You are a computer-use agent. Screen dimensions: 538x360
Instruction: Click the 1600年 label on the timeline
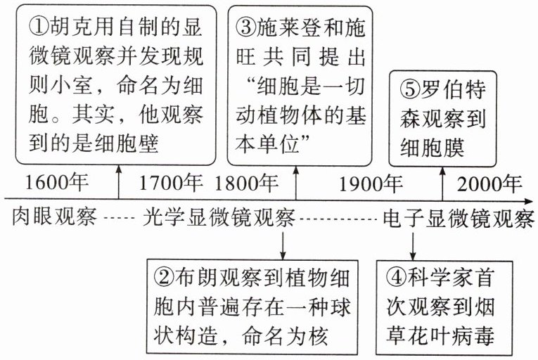pyautogui.click(x=57, y=182)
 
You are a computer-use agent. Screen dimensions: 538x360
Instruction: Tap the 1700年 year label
pyautogui.click(x=170, y=182)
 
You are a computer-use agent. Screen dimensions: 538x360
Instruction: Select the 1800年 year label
pyautogui.click(x=246, y=183)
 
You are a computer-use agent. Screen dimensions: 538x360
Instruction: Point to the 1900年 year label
pyautogui.click(x=371, y=184)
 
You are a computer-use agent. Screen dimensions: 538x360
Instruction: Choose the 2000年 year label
pyautogui.click(x=489, y=184)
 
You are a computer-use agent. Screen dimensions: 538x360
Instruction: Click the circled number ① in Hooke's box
pyautogui.click(x=39, y=27)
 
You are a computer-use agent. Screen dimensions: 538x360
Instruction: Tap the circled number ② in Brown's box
pyautogui.click(x=164, y=278)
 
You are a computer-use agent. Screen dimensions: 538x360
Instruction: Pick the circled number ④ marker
pyautogui.click(x=397, y=278)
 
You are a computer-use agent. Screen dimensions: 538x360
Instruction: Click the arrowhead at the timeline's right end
pyautogui.click(x=529, y=201)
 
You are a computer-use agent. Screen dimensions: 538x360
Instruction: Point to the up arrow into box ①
pyautogui.click(x=119, y=182)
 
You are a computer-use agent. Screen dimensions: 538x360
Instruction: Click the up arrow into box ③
pyautogui.click(x=296, y=184)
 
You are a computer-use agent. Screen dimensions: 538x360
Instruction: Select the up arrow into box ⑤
pyautogui.click(x=442, y=184)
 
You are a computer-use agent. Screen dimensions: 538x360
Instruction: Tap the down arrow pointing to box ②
pyautogui.click(x=283, y=245)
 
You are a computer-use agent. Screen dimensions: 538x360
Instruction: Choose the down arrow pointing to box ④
pyautogui.click(x=413, y=246)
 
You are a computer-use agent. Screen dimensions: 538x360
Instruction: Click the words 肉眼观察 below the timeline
pyautogui.click(x=54, y=217)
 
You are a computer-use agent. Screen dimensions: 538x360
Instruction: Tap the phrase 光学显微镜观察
pyautogui.click(x=219, y=217)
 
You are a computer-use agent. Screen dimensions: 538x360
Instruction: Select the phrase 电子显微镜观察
pyautogui.click(x=459, y=218)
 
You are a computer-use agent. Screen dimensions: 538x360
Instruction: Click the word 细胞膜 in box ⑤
pyautogui.click(x=433, y=148)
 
